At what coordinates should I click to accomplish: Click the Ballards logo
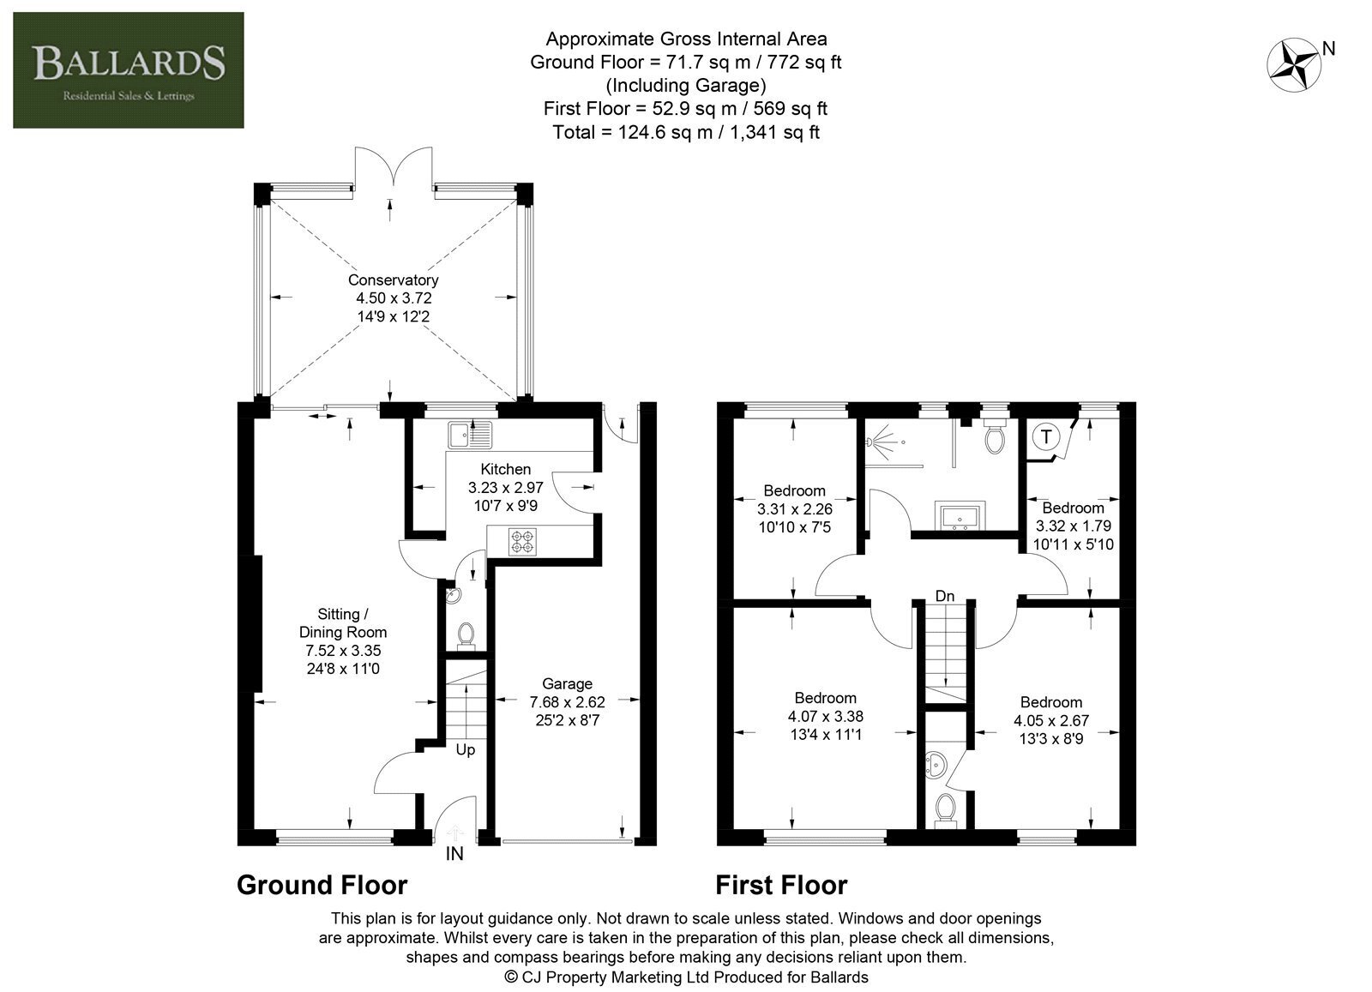(129, 69)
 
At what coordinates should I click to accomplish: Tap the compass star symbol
(1293, 65)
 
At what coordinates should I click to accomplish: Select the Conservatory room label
(394, 280)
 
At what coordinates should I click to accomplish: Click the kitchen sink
(470, 435)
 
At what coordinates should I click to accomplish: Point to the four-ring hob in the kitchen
(522, 541)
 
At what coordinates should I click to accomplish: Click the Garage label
(567, 683)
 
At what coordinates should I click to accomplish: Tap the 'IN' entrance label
(454, 854)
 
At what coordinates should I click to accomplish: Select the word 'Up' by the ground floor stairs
(466, 750)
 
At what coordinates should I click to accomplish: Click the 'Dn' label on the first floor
(945, 596)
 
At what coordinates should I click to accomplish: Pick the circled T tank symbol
(1046, 436)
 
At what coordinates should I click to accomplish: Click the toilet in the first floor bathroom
(995, 436)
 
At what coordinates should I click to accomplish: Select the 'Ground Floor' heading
(322, 886)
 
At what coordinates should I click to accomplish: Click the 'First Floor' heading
(781, 886)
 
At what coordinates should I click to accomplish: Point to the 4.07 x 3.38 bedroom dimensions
(826, 716)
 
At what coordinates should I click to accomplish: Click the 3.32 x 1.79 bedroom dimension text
(1073, 526)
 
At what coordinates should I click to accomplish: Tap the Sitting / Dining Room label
(343, 622)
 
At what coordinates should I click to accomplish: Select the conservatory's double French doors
(394, 167)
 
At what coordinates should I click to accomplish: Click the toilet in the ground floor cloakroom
(466, 635)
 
